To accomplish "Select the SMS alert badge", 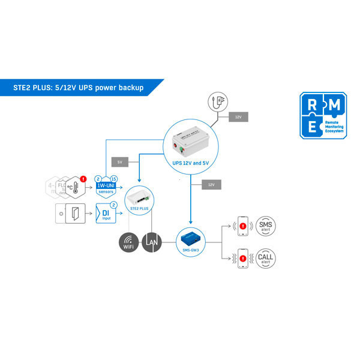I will [265, 226].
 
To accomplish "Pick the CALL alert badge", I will [265, 259].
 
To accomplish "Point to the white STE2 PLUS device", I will [139, 199].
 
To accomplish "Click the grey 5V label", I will [119, 162].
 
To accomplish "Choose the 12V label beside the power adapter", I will [238, 117].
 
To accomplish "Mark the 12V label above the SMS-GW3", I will [211, 184].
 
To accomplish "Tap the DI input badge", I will [106, 214].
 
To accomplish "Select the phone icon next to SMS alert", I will [243, 227].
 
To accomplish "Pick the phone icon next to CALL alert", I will [243, 259].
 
